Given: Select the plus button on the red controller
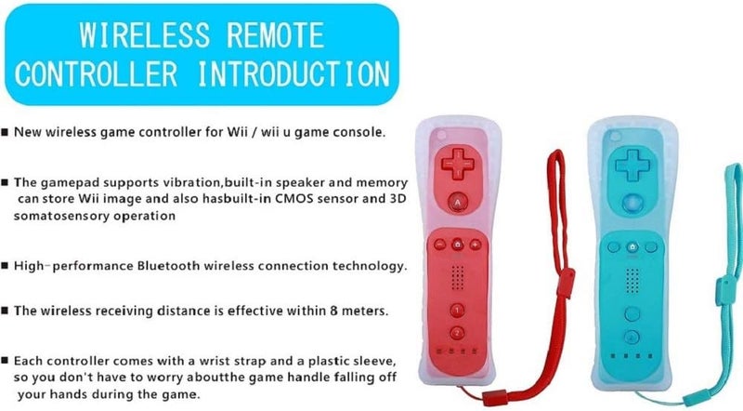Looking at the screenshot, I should [475, 245].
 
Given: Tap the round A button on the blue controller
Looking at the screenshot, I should [632, 200].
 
